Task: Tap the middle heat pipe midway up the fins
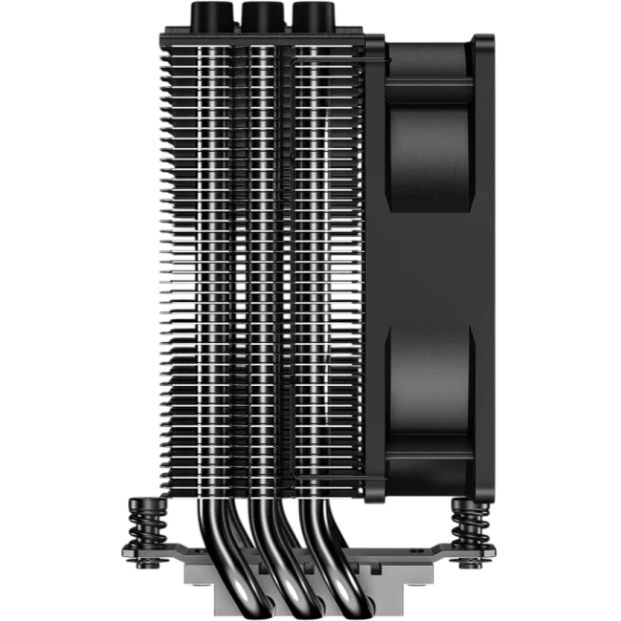coord(260,268)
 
